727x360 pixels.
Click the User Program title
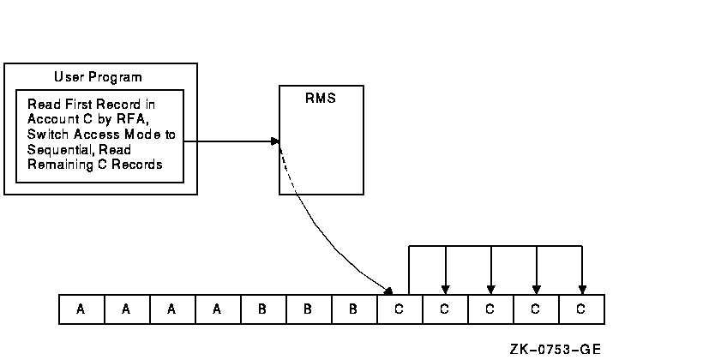pyautogui.click(x=98, y=76)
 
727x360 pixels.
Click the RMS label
pyautogui.click(x=320, y=98)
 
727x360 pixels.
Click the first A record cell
pyautogui.click(x=81, y=309)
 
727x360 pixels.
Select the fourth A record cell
pyautogui.click(x=217, y=309)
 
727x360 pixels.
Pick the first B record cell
pyautogui.click(x=262, y=309)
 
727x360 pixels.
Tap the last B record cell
pyautogui.click(x=353, y=309)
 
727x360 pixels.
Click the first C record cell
pyautogui.click(x=399, y=309)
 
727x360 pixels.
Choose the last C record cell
pyautogui.click(x=580, y=309)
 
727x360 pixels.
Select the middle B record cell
pyautogui.click(x=308, y=309)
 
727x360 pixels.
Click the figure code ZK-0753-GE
pyautogui.click(x=556, y=349)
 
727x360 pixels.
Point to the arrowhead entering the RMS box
pyautogui.click(x=275, y=141)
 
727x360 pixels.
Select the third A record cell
pyautogui.click(x=171, y=309)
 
